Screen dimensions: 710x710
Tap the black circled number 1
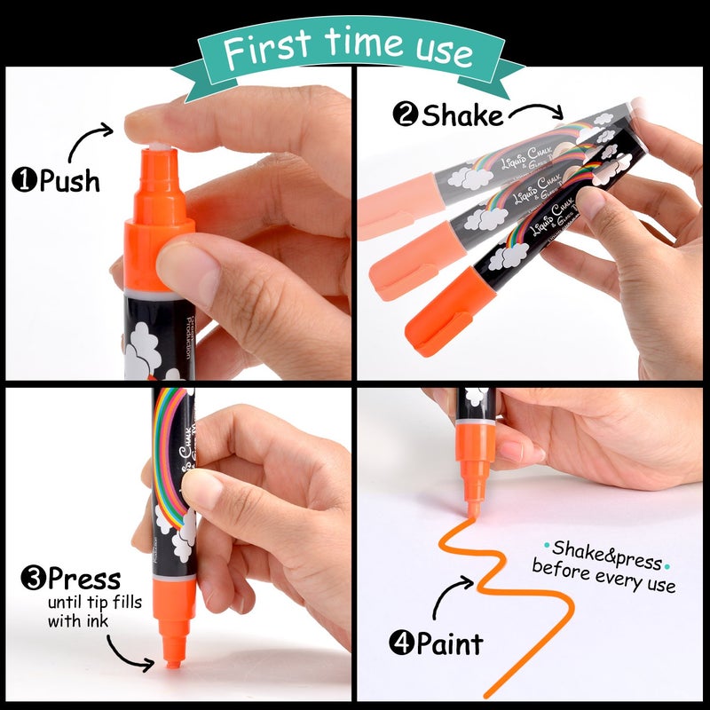coord(23,182)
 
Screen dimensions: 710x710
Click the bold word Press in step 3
coord(84,580)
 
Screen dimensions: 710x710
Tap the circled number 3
coord(33,581)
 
